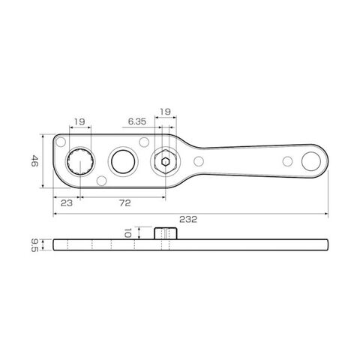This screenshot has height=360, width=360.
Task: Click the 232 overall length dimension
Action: [188, 219]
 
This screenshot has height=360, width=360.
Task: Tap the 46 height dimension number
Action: [34, 161]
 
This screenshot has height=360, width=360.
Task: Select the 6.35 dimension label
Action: [137, 121]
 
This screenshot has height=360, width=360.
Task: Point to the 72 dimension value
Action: [124, 203]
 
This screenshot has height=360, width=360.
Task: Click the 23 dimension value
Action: [67, 203]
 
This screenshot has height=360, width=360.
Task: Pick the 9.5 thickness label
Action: [34, 245]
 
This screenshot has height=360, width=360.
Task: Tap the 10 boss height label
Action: [127, 233]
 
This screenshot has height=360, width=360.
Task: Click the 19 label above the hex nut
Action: [165, 112]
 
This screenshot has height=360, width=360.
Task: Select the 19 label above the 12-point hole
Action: [79, 121]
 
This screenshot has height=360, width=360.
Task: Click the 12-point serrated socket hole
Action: [80, 161]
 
